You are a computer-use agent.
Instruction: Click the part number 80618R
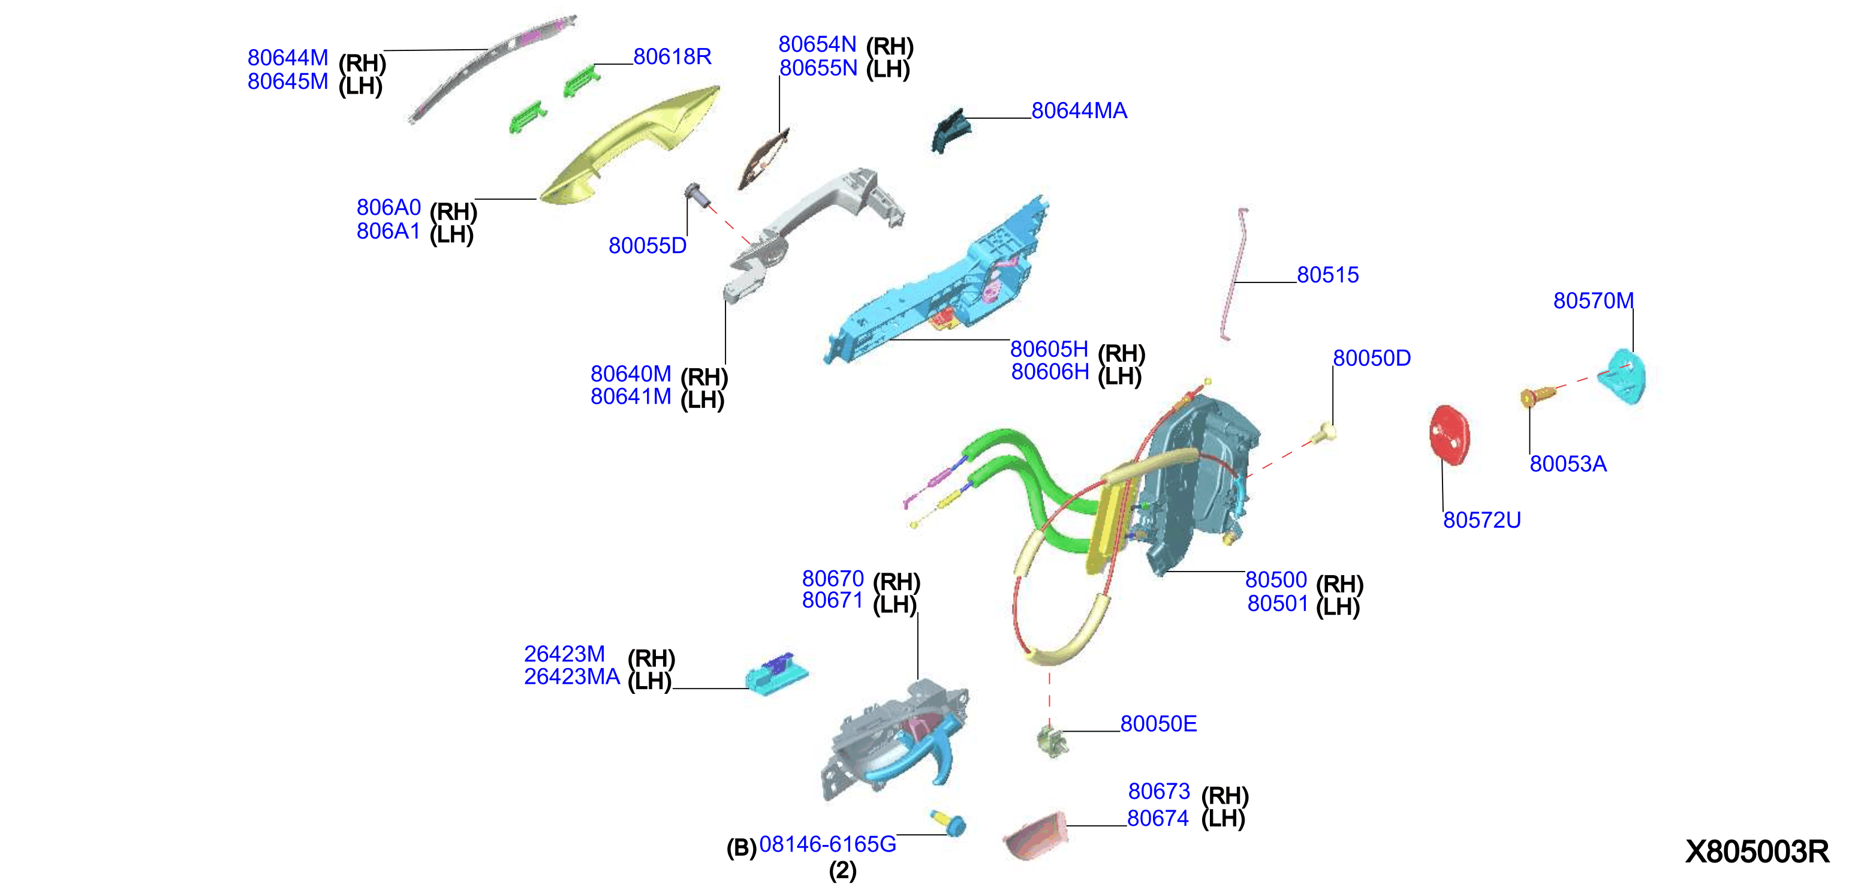[x=672, y=56]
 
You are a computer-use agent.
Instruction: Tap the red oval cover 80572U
[x=1449, y=435]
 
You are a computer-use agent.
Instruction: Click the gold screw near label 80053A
[x=1536, y=396]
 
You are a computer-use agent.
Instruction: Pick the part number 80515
[x=1327, y=275]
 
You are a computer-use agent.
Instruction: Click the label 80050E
[x=1158, y=723]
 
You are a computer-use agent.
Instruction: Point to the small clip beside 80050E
[x=1052, y=741]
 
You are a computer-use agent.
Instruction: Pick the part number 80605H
[x=1049, y=349]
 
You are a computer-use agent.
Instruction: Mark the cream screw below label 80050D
[x=1326, y=433]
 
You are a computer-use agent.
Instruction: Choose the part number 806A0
[x=388, y=207]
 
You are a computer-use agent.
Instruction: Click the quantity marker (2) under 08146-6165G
[x=842, y=871]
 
